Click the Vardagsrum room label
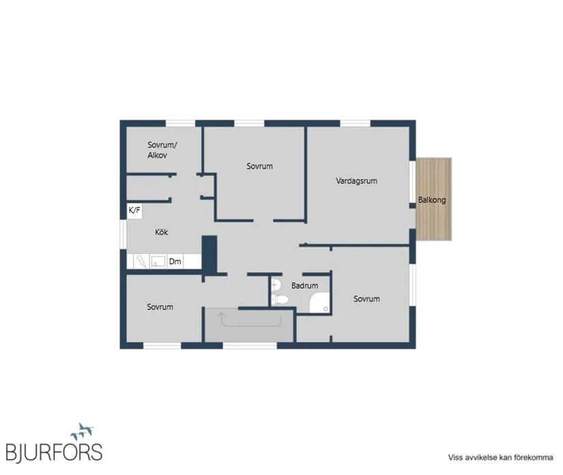tap(356, 181)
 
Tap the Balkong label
tap(432, 200)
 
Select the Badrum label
tap(304, 285)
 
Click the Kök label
tap(161, 232)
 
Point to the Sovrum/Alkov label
tap(162, 150)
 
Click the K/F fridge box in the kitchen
tap(134, 210)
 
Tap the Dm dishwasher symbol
tap(175, 261)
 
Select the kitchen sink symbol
tap(158, 261)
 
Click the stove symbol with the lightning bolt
tap(141, 261)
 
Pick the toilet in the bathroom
tap(280, 299)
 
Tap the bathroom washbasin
tap(276, 285)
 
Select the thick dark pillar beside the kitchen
tap(210, 254)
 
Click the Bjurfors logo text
tap(54, 452)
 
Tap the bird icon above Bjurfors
tap(82, 431)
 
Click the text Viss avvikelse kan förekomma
tap(500, 457)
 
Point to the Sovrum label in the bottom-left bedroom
tap(160, 306)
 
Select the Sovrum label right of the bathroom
tap(366, 299)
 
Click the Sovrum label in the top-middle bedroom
tap(259, 166)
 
